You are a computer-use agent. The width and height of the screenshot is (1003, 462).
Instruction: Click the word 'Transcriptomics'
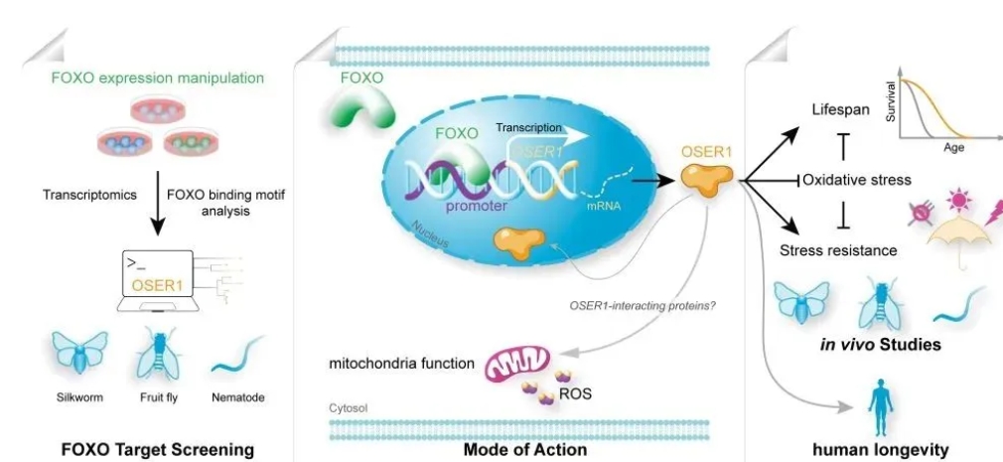coord(88,196)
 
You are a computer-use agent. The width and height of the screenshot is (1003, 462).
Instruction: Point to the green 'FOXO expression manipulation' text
coord(157,77)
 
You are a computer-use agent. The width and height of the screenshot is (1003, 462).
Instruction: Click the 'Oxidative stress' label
coord(857,180)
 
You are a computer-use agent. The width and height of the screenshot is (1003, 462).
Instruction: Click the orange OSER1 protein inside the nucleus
coord(519,242)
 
